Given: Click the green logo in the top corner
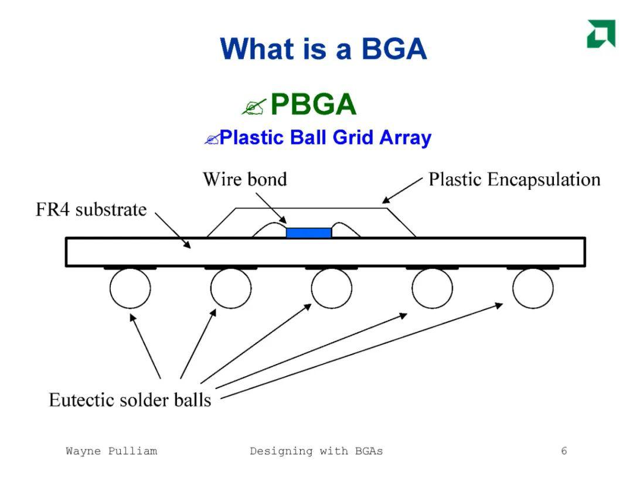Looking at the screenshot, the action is click(x=601, y=33).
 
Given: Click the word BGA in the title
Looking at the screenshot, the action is click(x=394, y=49).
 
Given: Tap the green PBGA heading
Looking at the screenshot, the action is click(x=313, y=104).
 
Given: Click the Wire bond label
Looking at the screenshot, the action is click(x=245, y=179).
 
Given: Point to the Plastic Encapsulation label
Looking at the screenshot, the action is click(x=515, y=180).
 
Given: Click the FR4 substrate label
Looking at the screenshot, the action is click(x=91, y=210).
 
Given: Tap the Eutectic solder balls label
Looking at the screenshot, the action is click(x=130, y=400).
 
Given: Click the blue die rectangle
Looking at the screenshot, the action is click(x=309, y=233).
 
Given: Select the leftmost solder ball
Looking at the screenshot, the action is click(x=130, y=288).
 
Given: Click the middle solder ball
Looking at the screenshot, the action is click(x=331, y=288).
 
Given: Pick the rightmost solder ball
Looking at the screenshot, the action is click(x=533, y=288).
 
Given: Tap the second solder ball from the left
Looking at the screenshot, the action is click(x=231, y=288).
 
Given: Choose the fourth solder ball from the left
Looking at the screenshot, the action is click(x=433, y=288).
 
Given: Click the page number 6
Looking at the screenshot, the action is click(x=564, y=451).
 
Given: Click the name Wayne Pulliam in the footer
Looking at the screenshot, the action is click(x=111, y=451).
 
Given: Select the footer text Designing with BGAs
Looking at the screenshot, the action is click(x=316, y=451).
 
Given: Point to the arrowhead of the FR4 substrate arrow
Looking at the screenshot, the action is click(x=187, y=244).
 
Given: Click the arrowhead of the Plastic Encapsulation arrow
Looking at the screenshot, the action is click(x=386, y=199).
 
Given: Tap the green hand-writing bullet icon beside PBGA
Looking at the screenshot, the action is click(x=254, y=107).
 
